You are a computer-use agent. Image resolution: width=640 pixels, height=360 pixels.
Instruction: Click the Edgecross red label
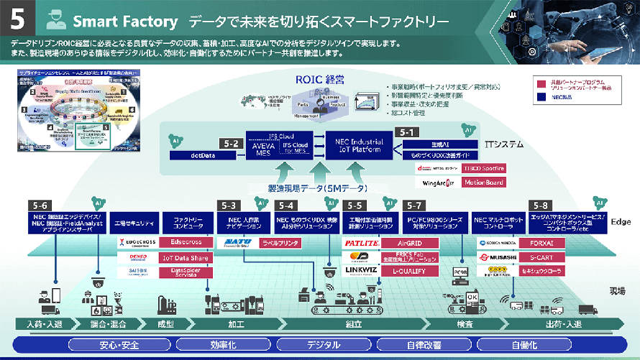pyautogui.click(x=186, y=243)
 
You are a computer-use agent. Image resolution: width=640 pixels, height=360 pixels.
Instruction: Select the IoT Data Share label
pyautogui.click(x=186, y=257)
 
